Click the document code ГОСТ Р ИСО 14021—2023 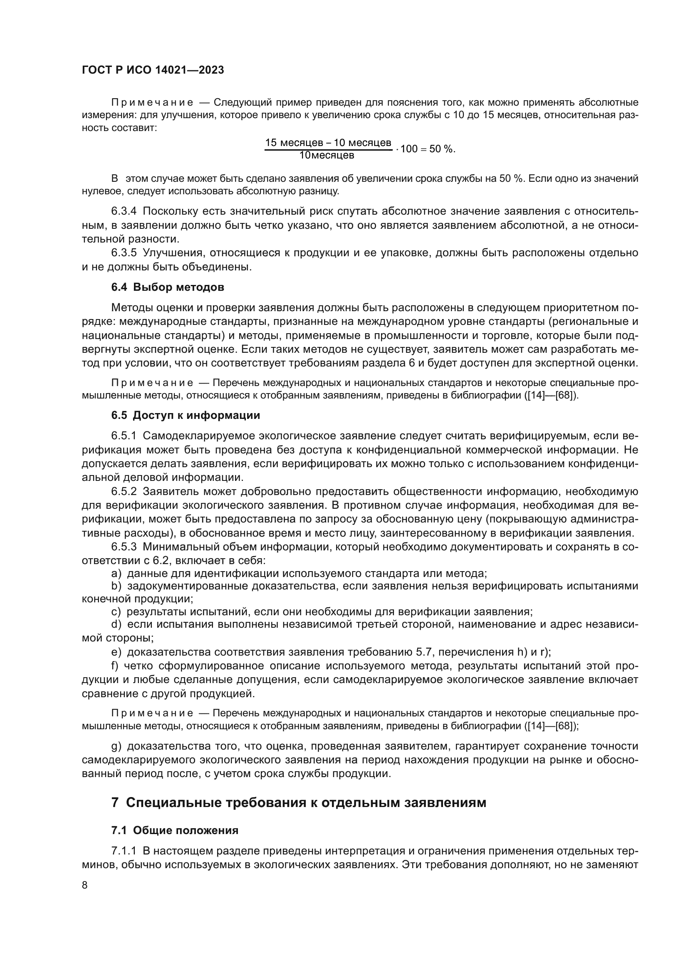(153, 70)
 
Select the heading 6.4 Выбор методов (167, 287)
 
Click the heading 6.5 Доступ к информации (186, 415)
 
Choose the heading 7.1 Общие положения (175, 830)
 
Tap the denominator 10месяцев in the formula (327, 155)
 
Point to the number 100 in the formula (409, 149)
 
